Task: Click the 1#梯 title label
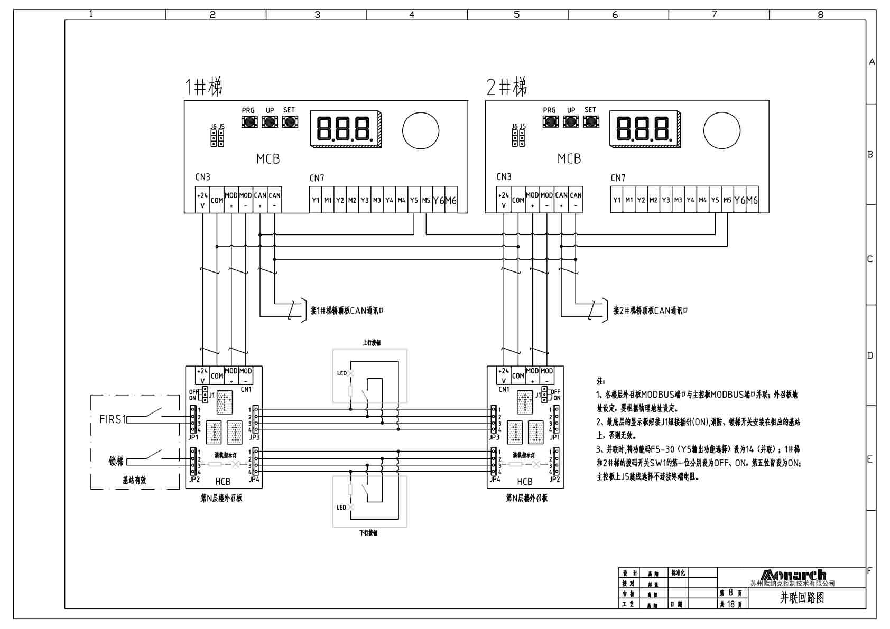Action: [x=203, y=87]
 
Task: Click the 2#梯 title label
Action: [x=506, y=87]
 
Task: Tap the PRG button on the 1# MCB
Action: [x=249, y=122]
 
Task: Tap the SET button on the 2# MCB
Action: [x=591, y=122]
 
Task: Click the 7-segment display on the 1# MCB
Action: [x=345, y=129]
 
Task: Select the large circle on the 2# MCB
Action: [x=721, y=130]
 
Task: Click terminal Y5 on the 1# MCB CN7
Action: [x=414, y=200]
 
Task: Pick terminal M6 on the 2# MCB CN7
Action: [x=752, y=200]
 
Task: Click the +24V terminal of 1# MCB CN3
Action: [x=202, y=200]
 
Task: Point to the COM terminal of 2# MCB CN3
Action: [x=518, y=200]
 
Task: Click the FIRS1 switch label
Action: [x=113, y=419]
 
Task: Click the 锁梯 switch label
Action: [x=116, y=461]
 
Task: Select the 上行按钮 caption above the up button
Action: [x=371, y=343]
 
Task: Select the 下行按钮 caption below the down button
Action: [x=368, y=533]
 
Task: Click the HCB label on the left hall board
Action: [x=222, y=481]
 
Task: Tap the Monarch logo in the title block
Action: [x=793, y=575]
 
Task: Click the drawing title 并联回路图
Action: [x=802, y=597]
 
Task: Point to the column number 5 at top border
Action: [x=517, y=15]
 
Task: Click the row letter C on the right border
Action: [x=870, y=259]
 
